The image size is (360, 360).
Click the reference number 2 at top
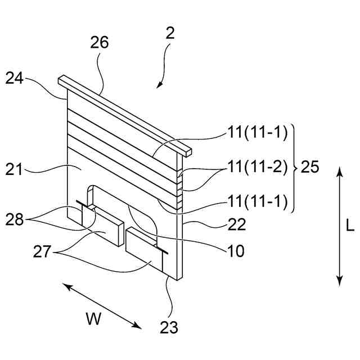[170, 33]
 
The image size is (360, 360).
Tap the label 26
[99, 42]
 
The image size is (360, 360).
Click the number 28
[15, 219]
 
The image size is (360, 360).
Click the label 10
[236, 251]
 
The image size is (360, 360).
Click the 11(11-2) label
[257, 167]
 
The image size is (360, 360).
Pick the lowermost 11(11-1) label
[257, 201]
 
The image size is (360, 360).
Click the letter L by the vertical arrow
[350, 226]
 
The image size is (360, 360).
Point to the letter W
[93, 319]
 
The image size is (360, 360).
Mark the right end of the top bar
[188, 151]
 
